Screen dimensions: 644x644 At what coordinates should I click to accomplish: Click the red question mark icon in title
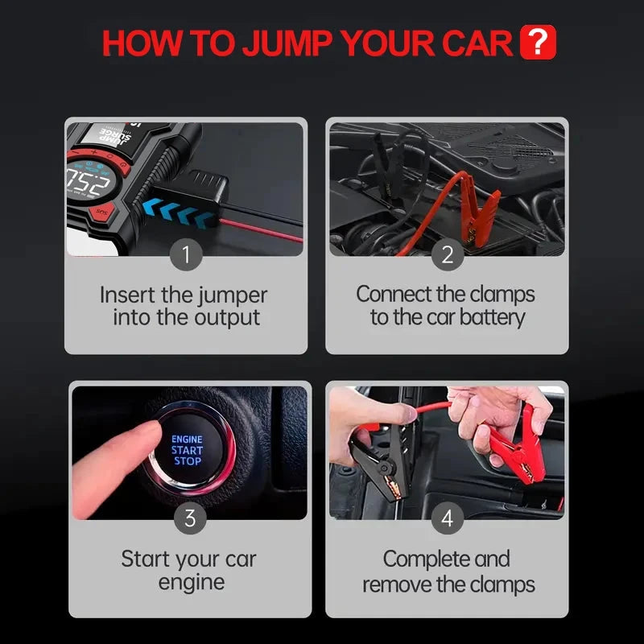click(x=539, y=43)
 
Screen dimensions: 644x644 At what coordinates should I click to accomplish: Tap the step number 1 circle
click(x=187, y=255)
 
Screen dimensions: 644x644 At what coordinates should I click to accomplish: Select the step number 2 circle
click(x=448, y=255)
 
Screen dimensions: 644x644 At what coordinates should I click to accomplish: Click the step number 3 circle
click(x=190, y=518)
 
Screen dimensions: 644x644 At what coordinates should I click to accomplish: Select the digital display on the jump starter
click(x=90, y=182)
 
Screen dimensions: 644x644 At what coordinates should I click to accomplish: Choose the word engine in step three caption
click(x=191, y=581)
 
